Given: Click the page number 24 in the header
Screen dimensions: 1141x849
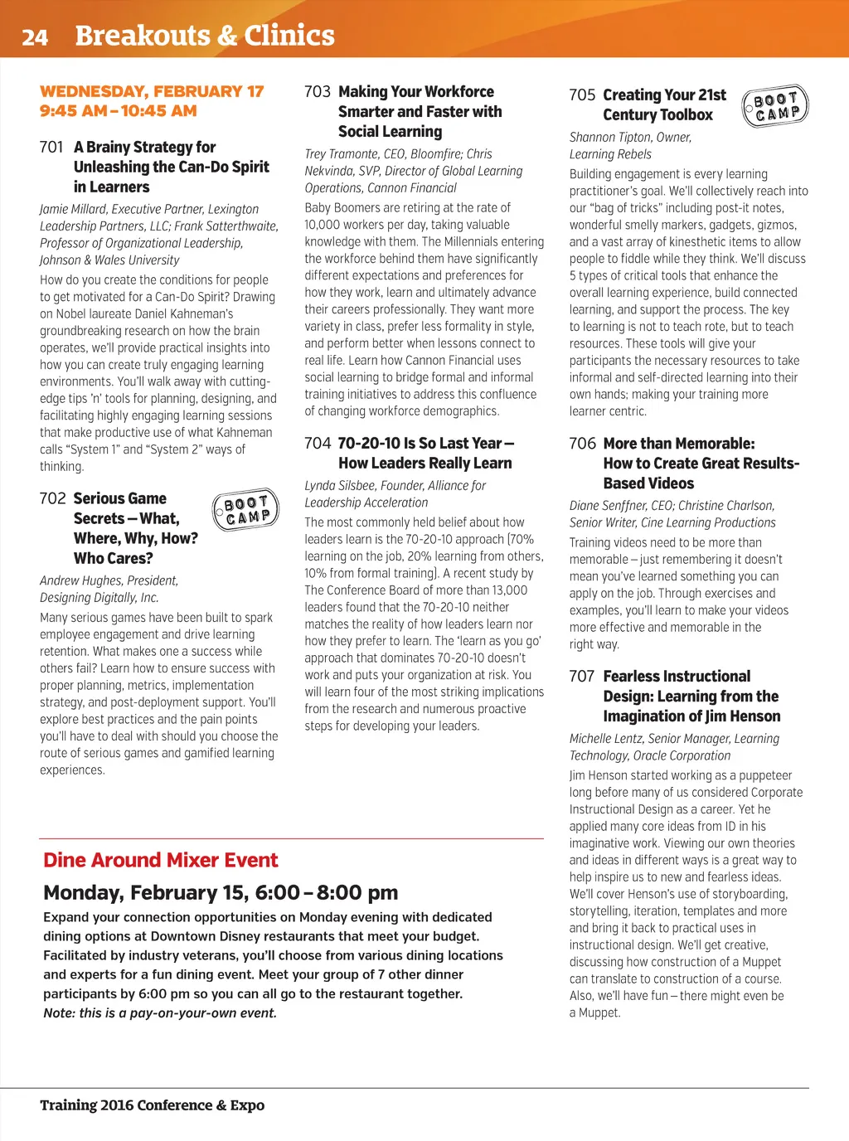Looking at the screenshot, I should coord(35,37).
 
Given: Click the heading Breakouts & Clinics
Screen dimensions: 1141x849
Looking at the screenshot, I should coord(205,36).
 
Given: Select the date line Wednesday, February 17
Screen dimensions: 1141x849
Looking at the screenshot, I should coord(152,91).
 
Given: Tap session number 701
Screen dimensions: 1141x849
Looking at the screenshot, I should coord(51,148).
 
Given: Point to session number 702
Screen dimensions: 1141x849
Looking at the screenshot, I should coord(52,498).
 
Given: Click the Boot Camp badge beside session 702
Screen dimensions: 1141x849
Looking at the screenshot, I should coord(245,509).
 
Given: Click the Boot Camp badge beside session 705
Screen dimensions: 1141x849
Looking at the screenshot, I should coord(775,106).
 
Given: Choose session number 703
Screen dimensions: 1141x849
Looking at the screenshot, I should coord(318,92).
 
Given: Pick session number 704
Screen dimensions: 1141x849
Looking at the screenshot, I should coord(318,444).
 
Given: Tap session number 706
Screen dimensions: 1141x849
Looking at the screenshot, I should coord(582,444).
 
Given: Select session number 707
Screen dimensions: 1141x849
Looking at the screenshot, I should coord(582,677).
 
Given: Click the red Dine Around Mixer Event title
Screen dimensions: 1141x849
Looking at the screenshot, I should coord(161,860).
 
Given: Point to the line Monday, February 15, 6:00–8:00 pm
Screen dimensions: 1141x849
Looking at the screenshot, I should coord(221,892).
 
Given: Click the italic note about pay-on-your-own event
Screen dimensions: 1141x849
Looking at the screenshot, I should coord(160,1012).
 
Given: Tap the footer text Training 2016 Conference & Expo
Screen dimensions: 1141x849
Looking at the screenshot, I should coord(153,1105).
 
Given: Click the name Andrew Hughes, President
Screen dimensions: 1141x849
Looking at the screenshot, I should coord(109,580).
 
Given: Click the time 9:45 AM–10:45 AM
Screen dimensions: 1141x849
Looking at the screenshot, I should coord(119,110).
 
